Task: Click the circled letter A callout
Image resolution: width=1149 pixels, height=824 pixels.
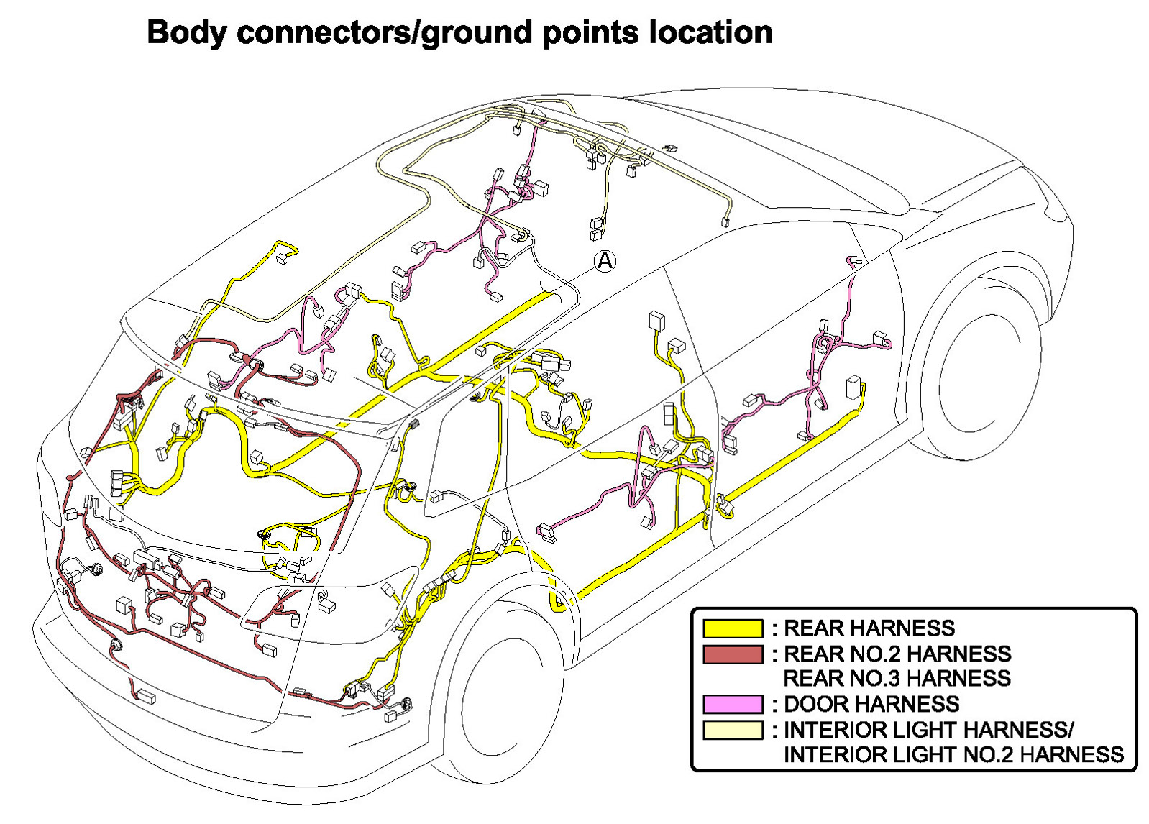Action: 605,260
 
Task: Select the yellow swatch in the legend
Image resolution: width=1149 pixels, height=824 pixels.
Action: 732,628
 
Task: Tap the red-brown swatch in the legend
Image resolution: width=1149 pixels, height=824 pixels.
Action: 732,654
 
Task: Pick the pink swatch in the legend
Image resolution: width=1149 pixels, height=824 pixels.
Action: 732,704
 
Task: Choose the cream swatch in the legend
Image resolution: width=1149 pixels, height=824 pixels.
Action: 732,730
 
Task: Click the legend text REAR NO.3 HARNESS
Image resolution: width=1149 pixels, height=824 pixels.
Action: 897,678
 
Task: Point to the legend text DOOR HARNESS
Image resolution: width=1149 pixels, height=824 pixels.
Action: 871,704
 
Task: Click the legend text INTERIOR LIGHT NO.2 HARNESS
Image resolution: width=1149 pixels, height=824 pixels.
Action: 953,754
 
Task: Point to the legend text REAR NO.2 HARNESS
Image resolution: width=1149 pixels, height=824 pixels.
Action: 897,654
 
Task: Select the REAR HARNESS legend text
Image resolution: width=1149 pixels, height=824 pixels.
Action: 869,628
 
